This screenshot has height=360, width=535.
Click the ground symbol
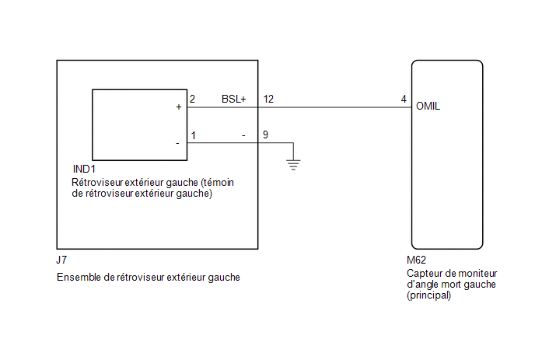coord(293,165)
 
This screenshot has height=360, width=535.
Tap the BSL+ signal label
coord(234,99)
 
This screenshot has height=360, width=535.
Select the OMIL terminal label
coord(428,106)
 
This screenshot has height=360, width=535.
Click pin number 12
coord(268,99)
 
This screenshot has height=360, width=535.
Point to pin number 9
coord(265,135)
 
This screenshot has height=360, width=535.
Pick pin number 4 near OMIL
coord(404,99)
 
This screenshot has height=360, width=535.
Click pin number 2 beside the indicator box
coord(192,99)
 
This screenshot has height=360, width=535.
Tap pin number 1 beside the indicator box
coord(194,135)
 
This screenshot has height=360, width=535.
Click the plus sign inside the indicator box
coord(178,107)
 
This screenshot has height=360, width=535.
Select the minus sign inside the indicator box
coord(177,143)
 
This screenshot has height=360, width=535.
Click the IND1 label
coord(84,169)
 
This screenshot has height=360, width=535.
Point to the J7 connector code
coord(61,260)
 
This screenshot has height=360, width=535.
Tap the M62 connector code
coord(416,260)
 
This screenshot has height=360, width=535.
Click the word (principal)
coord(429,295)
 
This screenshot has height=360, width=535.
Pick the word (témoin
coord(217,183)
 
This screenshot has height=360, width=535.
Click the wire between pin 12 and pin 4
coord(334,107)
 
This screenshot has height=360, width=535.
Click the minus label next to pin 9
coord(243,136)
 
